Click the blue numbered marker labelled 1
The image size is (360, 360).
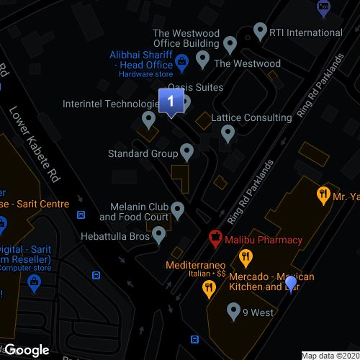(170, 101)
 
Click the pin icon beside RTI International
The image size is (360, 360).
(261, 32)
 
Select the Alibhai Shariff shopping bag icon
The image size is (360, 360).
(183, 62)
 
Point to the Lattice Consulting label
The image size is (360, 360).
(253, 117)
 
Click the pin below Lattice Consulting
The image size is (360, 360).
(228, 132)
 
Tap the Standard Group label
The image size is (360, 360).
(143, 153)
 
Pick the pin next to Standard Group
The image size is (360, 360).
(186, 151)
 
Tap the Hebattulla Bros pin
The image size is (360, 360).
(158, 233)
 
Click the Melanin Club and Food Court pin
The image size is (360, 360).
(177, 210)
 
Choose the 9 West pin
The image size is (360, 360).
(233, 312)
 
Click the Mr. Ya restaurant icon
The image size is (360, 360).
(323, 194)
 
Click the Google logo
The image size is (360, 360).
(27, 350)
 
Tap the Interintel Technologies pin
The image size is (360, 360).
(150, 118)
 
